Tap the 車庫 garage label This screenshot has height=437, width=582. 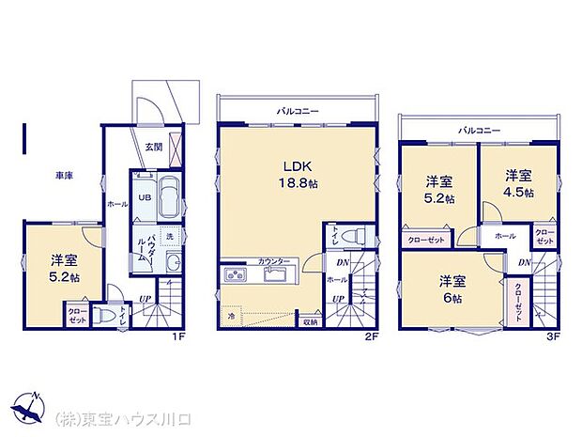(64, 175)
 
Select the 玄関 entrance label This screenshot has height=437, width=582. (153, 146)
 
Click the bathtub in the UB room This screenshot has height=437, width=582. (171, 197)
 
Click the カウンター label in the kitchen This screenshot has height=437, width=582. (274, 260)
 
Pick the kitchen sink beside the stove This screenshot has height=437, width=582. (276, 275)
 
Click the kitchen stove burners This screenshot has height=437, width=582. (234, 275)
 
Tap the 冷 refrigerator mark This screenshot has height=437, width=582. (230, 317)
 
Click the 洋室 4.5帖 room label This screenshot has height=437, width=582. (518, 183)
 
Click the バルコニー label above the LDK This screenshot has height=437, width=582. (297, 111)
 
